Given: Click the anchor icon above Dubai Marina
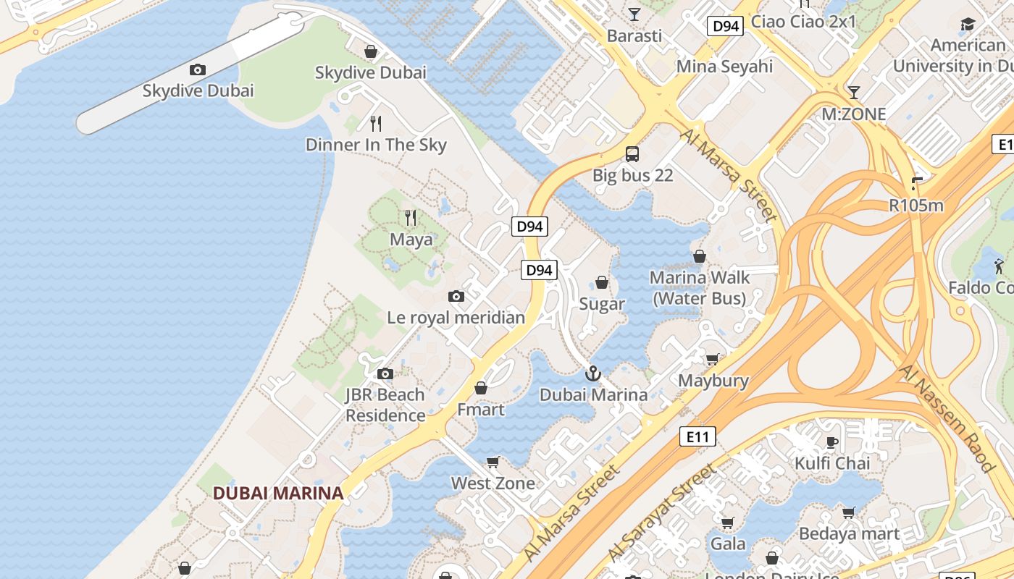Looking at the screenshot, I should [x=593, y=373].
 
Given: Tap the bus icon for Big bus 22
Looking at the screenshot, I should [x=632, y=153].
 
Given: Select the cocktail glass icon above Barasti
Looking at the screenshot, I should [x=634, y=14].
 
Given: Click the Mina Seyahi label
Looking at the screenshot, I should [x=724, y=67].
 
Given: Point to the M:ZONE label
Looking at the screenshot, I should [x=853, y=114].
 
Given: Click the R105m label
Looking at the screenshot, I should [x=916, y=206].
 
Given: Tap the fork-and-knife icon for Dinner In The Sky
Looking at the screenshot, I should [x=375, y=124].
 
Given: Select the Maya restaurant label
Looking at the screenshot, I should [x=411, y=240].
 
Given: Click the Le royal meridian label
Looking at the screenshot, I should [x=456, y=318].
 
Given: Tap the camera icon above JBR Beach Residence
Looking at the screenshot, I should [x=385, y=374].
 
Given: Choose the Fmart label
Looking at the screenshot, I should [x=480, y=410].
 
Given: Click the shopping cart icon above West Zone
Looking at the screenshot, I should [x=493, y=462].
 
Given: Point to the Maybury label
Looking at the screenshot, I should [x=713, y=381].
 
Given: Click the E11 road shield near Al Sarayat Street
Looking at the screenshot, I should [x=697, y=436].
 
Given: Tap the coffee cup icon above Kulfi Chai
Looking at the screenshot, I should [x=832, y=442].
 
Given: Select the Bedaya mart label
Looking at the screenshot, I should [x=849, y=534].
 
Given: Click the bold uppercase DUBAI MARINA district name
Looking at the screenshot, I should [x=277, y=494].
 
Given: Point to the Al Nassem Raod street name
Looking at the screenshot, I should [x=947, y=418].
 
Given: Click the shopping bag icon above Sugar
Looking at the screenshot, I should [x=601, y=282].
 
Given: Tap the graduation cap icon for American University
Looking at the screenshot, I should [x=968, y=25].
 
